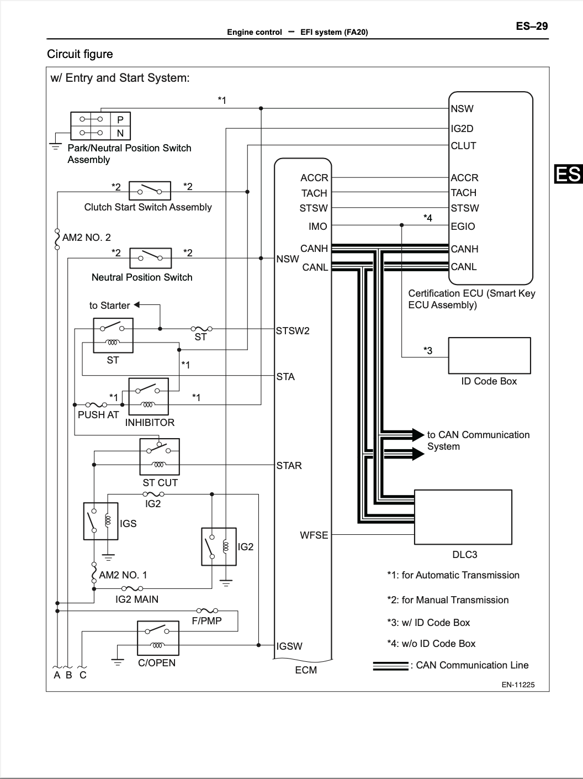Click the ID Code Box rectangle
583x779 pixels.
pos(489,355)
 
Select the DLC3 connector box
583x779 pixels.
pos(463,517)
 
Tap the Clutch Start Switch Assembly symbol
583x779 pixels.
pos(150,191)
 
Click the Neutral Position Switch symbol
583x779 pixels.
pos(150,258)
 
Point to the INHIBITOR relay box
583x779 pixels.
pos(149,397)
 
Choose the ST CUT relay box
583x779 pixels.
pos(160,457)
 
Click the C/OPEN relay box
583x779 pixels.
pos(158,638)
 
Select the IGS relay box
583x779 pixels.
pos(100,521)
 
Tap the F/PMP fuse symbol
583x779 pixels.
pos(208,611)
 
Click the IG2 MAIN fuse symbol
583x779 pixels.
pos(132,589)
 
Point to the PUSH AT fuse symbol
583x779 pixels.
pos(96,404)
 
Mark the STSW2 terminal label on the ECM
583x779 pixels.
pos(293,331)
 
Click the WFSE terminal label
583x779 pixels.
pos(314,535)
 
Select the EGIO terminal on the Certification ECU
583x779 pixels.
pos(463,226)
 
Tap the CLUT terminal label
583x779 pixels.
pos(464,145)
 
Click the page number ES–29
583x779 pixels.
pos(532,26)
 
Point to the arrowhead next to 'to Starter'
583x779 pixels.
pos(136,304)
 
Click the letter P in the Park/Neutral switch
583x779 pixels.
pos(120,119)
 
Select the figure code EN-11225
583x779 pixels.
pos(518,685)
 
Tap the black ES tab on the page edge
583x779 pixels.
pos(569,174)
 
